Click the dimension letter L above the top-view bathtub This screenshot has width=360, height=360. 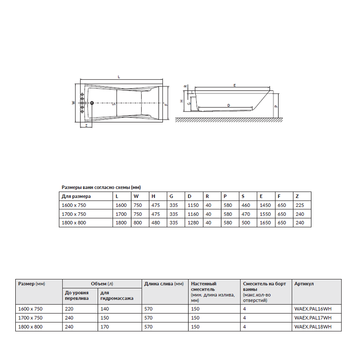(118, 77)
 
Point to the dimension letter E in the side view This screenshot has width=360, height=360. (235, 85)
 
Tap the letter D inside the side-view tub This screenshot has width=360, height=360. (229, 105)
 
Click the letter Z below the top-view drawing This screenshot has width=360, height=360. (86, 126)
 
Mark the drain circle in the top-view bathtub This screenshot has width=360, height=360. (92, 103)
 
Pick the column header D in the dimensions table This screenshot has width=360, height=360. (189, 197)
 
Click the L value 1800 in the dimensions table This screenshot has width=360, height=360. (121, 222)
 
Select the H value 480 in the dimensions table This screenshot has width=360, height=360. (156, 222)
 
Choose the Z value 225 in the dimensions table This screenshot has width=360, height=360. (300, 205)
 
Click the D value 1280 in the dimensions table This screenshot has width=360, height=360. (193, 222)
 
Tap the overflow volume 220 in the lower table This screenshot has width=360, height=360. (69, 309)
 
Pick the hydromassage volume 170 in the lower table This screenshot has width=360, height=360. (104, 327)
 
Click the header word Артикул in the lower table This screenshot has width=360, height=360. (304, 284)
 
